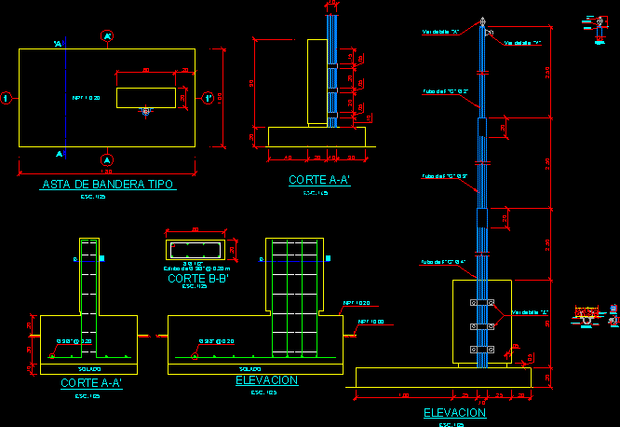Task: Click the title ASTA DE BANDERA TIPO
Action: pyautogui.click(x=109, y=185)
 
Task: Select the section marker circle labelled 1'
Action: pyautogui.click(x=209, y=97)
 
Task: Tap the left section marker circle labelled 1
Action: pyautogui.click(x=6, y=97)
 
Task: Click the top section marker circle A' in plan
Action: pyautogui.click(x=107, y=36)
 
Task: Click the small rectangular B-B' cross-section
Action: pyautogui.click(x=195, y=250)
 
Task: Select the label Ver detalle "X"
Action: pyautogui.click(x=441, y=32)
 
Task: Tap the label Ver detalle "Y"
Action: pyautogui.click(x=522, y=43)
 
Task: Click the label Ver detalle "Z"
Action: pyautogui.click(x=529, y=312)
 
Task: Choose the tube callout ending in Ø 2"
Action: pyautogui.click(x=444, y=91)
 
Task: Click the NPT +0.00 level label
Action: pyautogui.click(x=370, y=323)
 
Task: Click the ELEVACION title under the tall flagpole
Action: pyautogui.click(x=454, y=412)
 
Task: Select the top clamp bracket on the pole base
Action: pyautogui.click(x=482, y=304)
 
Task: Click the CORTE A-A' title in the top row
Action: pyautogui.click(x=319, y=180)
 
